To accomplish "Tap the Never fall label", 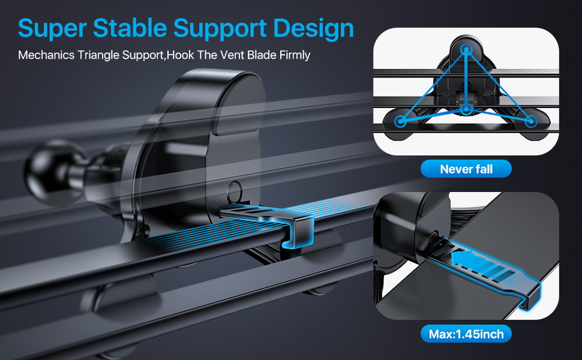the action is tap(466, 169).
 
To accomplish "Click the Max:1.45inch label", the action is tap(466, 334).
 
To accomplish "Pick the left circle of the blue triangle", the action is tap(400, 121).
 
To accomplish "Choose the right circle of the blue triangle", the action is tap(530, 121).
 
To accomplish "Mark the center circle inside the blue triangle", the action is tap(466, 110).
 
